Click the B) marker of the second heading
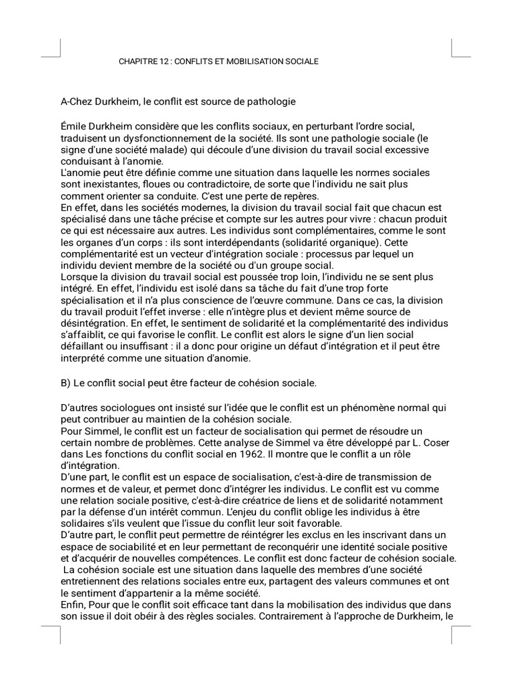click(x=66, y=383)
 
